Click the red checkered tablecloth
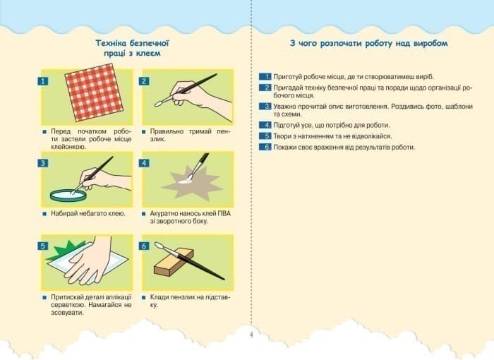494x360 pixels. coord(94,92)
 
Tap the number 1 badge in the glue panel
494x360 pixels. coord(43,81)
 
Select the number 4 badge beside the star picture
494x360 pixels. coord(144,163)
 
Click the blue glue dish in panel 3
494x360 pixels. coord(68,195)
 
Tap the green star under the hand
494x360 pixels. coord(67,248)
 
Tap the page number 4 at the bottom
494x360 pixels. coord(251,335)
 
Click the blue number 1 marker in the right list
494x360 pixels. coord(265,77)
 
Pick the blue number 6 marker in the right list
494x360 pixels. coord(265,147)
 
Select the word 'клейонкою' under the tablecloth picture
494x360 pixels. coord(68,147)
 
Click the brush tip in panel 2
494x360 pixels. coord(159,103)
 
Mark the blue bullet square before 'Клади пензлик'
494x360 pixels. coord(144,297)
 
